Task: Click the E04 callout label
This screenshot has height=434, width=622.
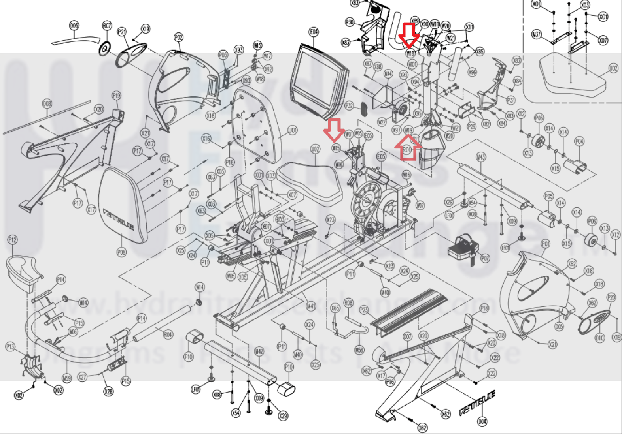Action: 314,32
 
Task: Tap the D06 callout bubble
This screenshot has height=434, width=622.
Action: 74,26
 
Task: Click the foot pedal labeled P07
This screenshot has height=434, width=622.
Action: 463,249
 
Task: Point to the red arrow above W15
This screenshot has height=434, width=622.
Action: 334,130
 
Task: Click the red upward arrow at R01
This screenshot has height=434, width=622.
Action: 408,148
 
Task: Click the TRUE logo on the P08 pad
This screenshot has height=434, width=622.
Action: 119,219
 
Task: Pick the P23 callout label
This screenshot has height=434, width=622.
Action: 364,310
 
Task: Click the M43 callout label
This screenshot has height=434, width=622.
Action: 480,157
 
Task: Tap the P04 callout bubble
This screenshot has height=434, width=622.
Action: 579,141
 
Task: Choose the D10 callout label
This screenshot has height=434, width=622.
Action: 599,338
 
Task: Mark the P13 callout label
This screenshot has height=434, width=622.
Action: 10,347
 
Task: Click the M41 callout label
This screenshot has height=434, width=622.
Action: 311,306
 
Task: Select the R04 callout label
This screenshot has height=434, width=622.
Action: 168,334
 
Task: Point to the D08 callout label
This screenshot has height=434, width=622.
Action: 47,104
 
